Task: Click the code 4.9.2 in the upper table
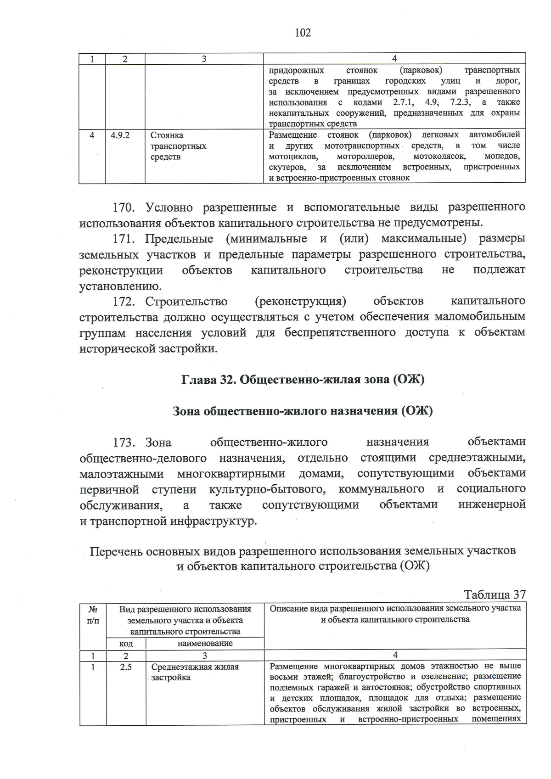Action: point(120,135)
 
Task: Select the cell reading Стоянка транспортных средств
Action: point(178,146)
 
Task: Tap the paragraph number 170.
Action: point(124,207)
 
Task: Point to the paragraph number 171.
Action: point(124,239)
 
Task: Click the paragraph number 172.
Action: point(124,302)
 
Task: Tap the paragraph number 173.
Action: point(124,443)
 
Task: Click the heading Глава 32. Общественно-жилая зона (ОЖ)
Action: point(303,380)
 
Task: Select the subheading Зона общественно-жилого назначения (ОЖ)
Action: point(303,411)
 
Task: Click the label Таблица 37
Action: point(495,595)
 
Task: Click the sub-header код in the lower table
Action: point(126,644)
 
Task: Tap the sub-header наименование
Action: point(205,644)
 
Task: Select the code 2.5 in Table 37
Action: point(126,667)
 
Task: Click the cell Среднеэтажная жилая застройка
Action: point(195,672)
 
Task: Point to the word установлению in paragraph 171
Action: point(121,287)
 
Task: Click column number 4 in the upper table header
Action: point(394,58)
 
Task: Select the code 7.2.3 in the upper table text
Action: point(461,102)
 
